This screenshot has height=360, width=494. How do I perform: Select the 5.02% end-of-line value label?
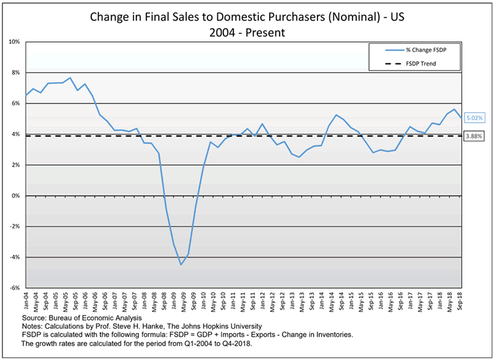click(x=474, y=117)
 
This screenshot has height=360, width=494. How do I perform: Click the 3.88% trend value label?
click(x=474, y=136)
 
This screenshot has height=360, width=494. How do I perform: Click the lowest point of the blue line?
click(x=181, y=264)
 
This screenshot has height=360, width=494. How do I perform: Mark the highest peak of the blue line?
click(x=70, y=78)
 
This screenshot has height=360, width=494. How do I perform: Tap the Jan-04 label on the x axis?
click(x=26, y=301)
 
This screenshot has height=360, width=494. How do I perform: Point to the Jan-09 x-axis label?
click(x=174, y=301)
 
